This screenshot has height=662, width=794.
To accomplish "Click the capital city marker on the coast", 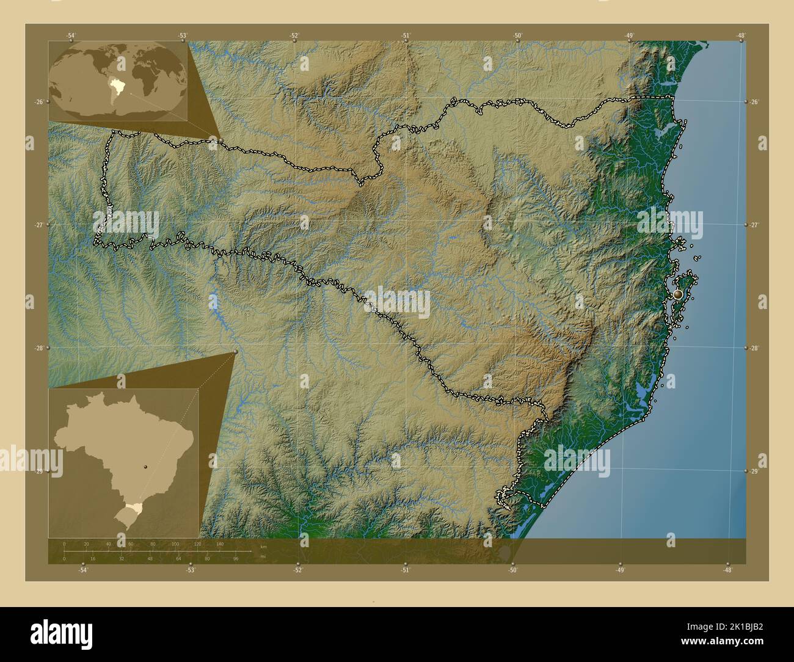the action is [677, 294].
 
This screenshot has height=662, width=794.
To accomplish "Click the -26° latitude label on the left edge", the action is [38, 102].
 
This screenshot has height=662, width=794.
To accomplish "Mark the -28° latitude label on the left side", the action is [38, 348].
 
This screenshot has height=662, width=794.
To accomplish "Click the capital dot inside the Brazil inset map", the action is [145, 467].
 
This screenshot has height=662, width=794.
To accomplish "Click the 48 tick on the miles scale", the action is [150, 558].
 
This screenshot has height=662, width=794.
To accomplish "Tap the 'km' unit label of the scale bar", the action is [263, 546].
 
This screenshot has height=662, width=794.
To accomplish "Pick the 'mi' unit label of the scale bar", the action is [263, 556].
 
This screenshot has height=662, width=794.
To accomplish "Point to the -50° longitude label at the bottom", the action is [512, 570].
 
